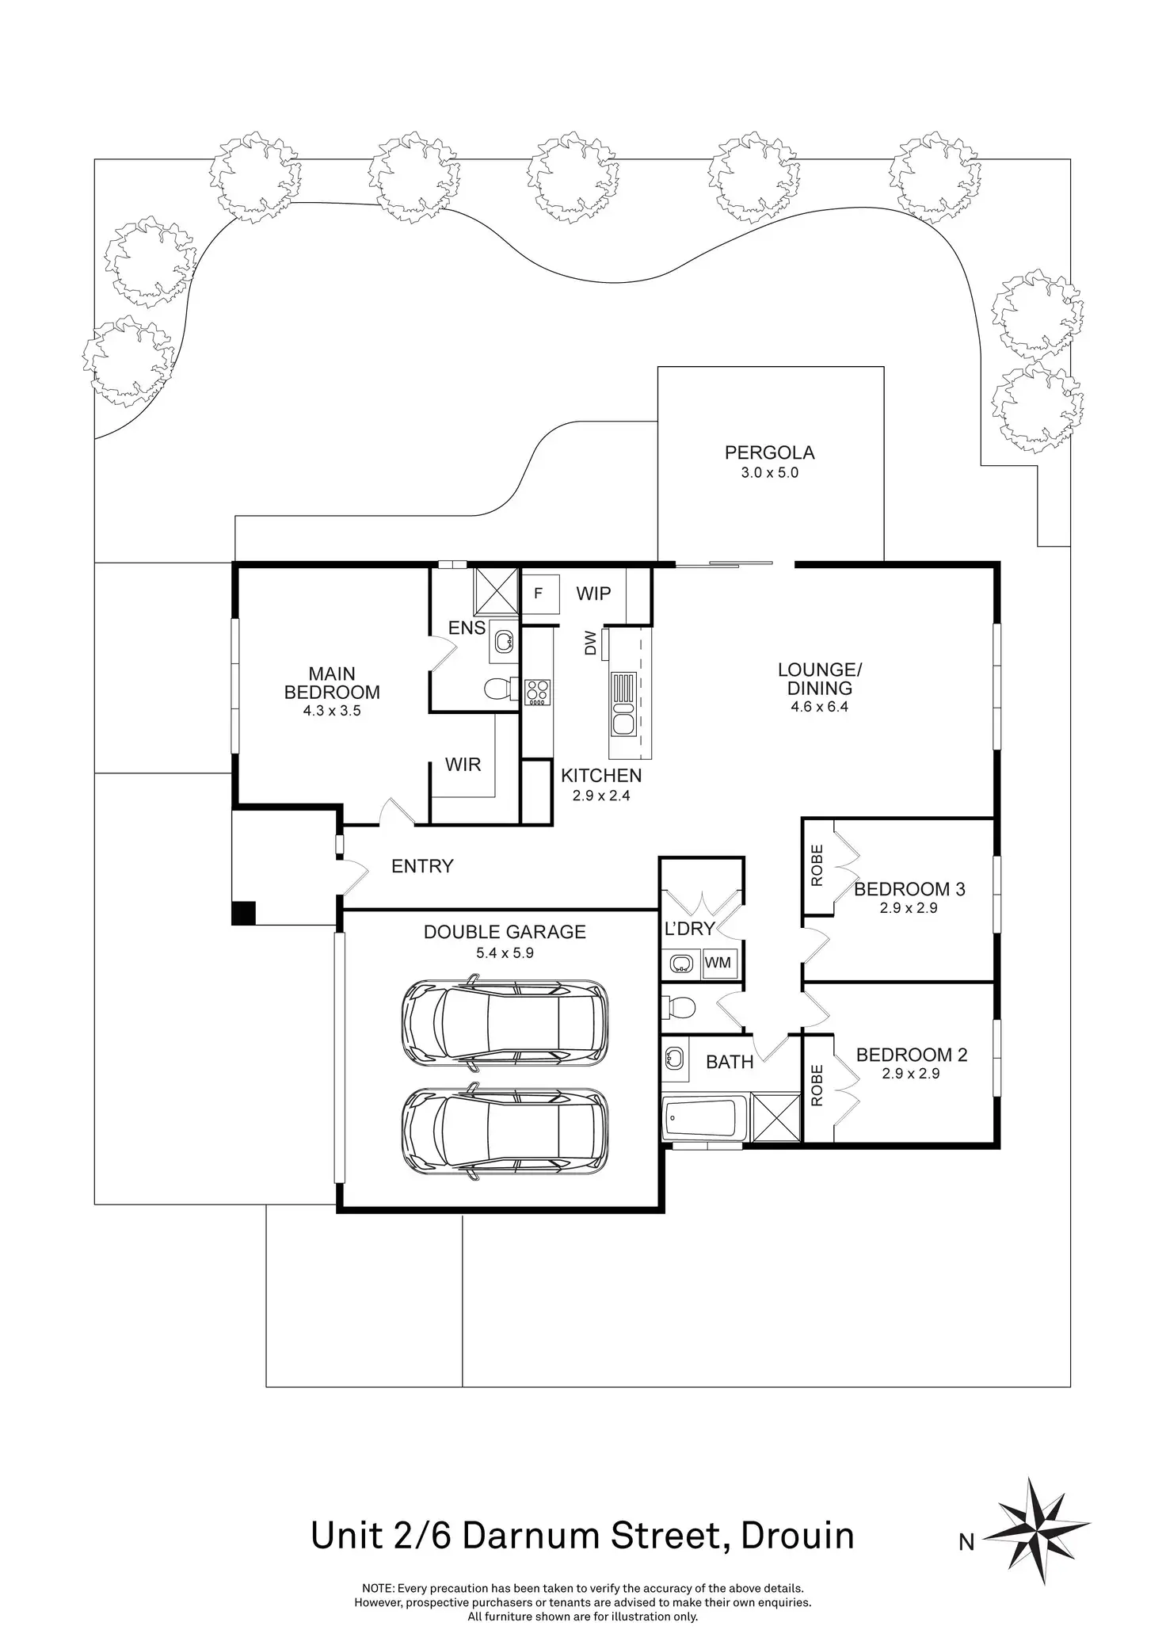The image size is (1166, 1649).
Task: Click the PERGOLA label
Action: point(769,452)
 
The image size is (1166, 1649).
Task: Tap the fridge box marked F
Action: point(539,593)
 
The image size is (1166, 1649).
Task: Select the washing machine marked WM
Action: point(718,963)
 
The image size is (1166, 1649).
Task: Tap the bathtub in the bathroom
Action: point(703,1118)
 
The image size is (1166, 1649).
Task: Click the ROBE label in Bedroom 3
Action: point(817,865)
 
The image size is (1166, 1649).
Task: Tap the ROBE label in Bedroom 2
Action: point(817,1086)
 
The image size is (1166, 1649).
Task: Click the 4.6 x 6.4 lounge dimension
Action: point(819,707)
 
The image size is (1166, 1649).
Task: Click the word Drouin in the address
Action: point(797,1535)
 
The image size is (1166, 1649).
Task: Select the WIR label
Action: point(463,765)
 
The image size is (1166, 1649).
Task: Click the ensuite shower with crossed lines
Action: point(495,590)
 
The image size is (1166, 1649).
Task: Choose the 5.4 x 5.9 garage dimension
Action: point(505,952)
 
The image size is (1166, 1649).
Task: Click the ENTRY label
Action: point(422,866)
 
